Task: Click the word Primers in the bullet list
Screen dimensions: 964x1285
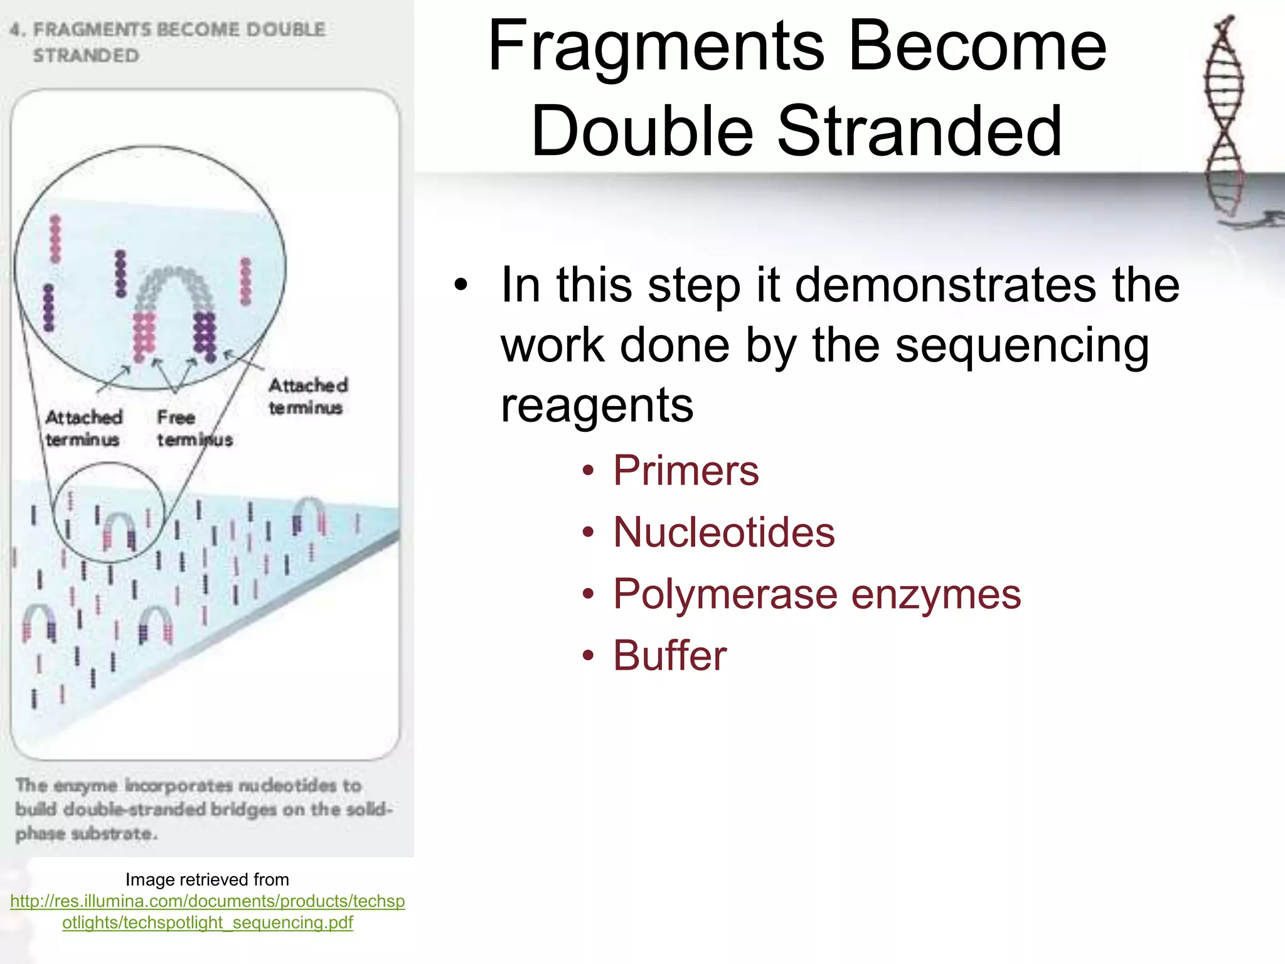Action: click(685, 471)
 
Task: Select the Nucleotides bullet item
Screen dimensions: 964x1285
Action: click(723, 532)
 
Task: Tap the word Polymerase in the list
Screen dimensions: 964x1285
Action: click(725, 594)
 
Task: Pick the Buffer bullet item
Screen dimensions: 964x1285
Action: click(669, 655)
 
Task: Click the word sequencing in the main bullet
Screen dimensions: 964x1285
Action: click(1022, 345)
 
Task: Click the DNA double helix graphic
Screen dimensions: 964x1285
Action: click(1224, 119)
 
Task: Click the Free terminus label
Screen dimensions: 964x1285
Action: click(194, 428)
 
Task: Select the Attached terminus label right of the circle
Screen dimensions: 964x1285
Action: click(307, 396)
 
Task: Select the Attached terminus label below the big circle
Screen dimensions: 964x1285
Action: click(83, 428)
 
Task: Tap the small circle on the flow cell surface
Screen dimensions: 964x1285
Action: click(109, 511)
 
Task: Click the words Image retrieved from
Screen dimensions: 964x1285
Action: click(207, 879)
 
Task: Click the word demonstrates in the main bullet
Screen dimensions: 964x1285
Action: click(947, 285)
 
